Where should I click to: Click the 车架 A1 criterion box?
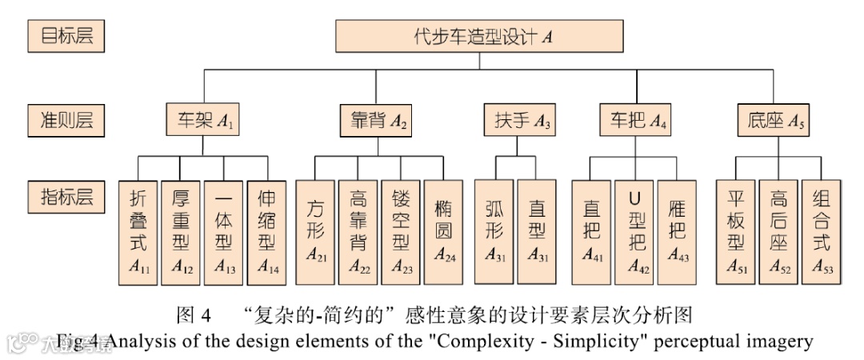(x=203, y=122)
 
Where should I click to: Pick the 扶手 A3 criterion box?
(x=519, y=122)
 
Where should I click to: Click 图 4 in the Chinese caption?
(x=194, y=314)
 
